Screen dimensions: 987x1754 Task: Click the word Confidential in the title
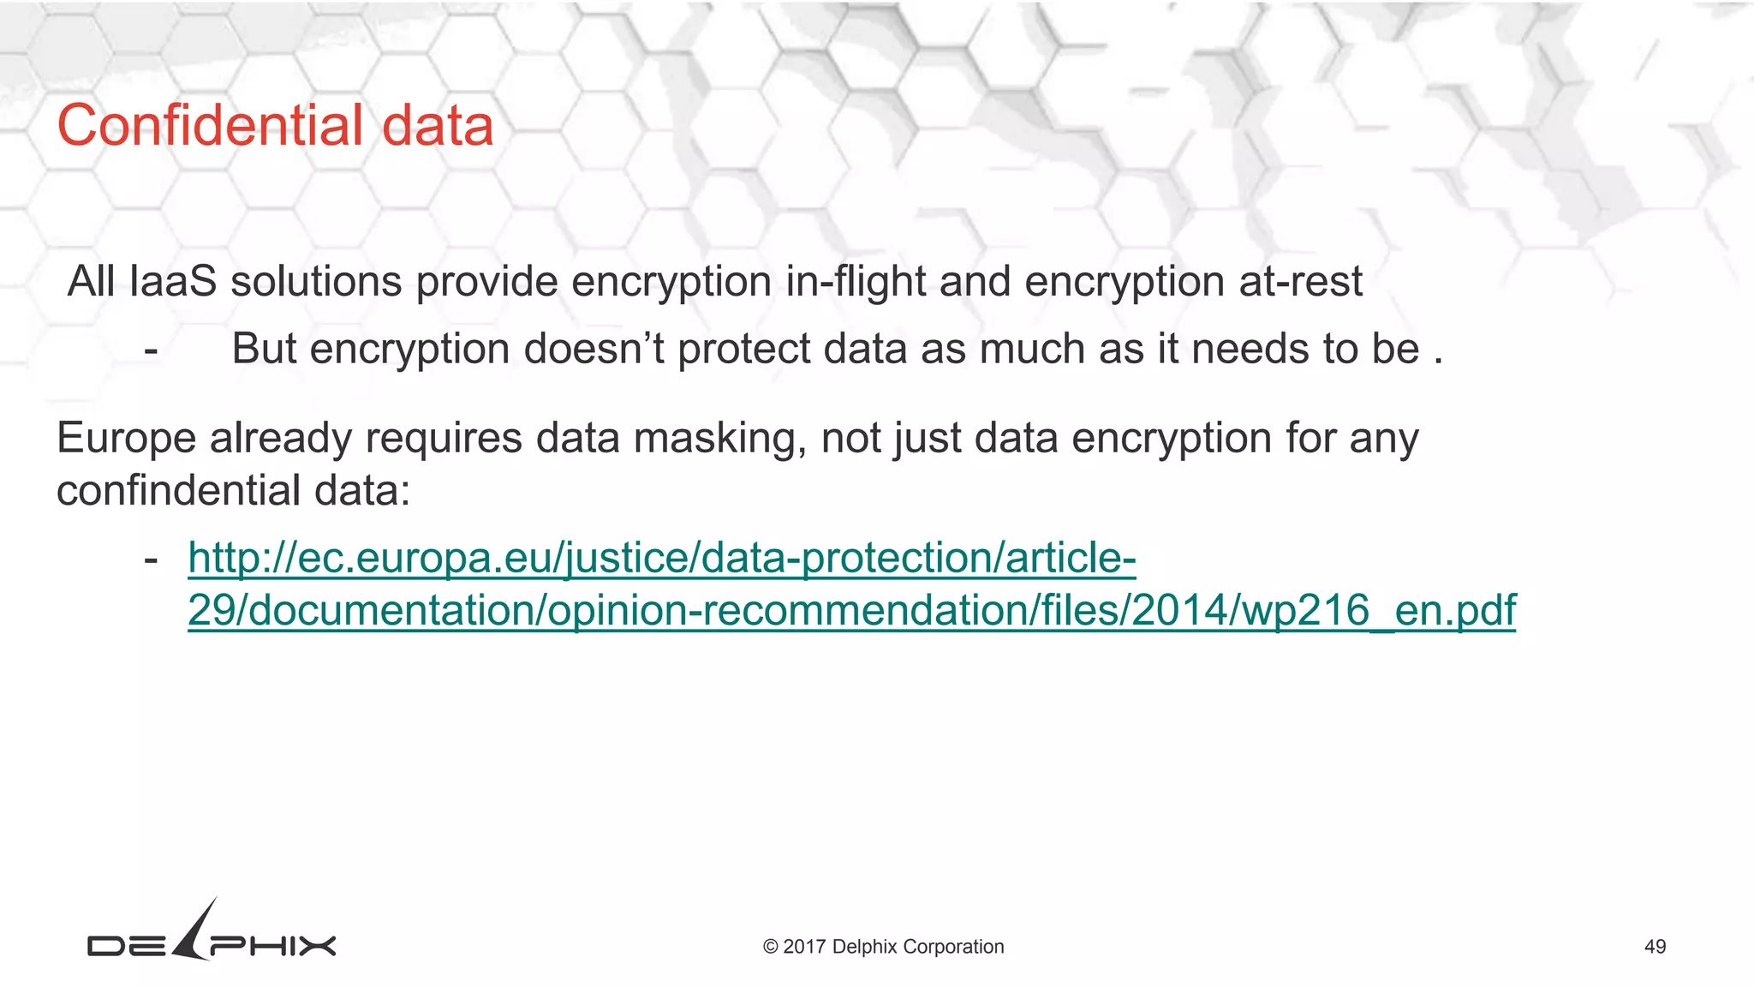211,125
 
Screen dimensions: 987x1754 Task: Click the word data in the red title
437,125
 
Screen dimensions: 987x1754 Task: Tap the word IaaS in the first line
173,281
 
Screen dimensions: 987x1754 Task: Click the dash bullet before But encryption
151,350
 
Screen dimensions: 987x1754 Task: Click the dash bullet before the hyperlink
151,559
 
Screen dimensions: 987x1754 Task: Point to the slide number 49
1655,947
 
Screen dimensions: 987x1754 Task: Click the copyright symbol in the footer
770,947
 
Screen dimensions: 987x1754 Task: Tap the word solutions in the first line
316,281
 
